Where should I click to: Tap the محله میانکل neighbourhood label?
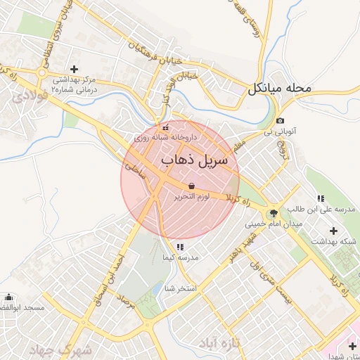278,89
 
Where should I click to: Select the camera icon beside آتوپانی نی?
281,121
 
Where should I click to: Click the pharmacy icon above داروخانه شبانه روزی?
165,128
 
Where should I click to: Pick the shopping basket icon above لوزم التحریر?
192,186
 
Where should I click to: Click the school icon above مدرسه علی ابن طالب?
321,199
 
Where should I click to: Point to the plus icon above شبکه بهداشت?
333,231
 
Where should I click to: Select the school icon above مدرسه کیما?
181,247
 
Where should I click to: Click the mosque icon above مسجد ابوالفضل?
8,297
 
